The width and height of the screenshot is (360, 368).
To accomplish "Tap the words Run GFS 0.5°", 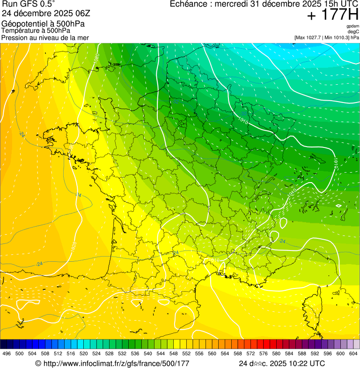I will point(28,5).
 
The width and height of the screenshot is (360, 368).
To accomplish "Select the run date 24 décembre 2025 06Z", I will point(49,13).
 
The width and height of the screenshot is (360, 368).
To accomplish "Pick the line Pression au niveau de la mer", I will point(45,37).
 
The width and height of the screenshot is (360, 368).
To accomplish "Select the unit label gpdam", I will point(353,26).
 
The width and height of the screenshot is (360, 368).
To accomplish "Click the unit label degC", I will point(353,31).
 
